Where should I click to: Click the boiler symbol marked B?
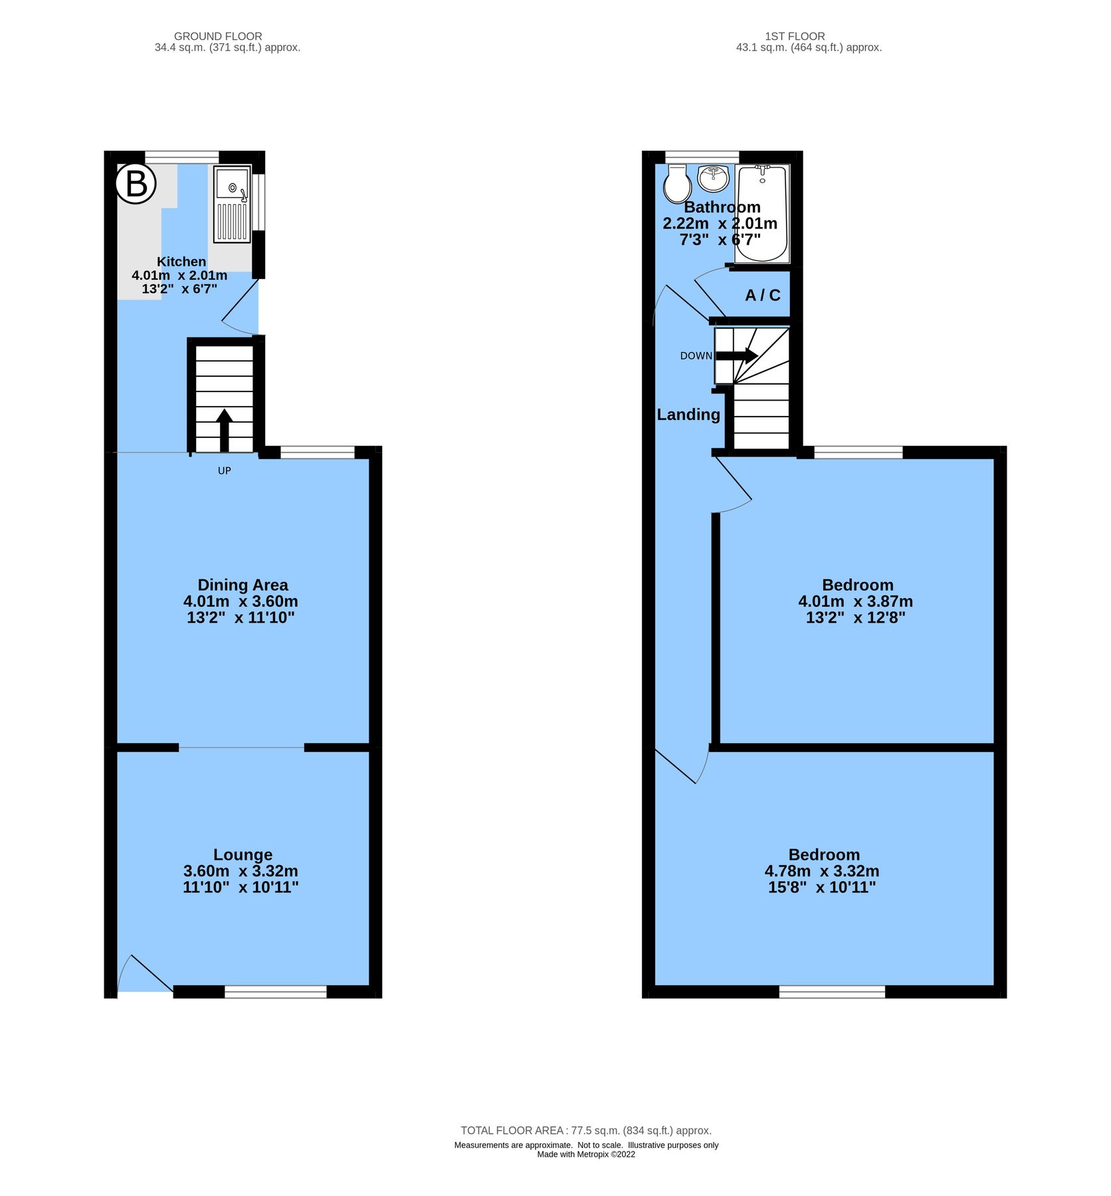tap(136, 183)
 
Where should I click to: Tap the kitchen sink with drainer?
tap(232, 203)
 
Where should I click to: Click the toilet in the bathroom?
tap(677, 184)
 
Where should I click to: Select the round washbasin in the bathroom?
tap(714, 177)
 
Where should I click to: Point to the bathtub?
tap(762, 213)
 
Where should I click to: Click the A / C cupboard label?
tap(762, 295)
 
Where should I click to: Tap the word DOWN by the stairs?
tap(696, 356)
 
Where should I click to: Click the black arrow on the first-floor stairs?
tap(737, 355)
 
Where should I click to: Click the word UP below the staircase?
tap(225, 471)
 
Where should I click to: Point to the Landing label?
tap(688, 415)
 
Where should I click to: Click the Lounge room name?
tap(243, 854)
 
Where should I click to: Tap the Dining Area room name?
tap(243, 585)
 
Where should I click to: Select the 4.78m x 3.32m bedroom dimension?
tap(822, 871)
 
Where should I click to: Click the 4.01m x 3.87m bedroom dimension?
tap(855, 601)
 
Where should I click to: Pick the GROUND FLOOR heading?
tap(218, 37)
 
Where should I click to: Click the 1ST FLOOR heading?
tap(795, 37)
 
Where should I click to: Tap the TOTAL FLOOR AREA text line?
tap(586, 1130)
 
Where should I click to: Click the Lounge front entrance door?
tap(145, 977)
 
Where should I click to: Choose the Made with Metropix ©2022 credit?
tap(586, 1154)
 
